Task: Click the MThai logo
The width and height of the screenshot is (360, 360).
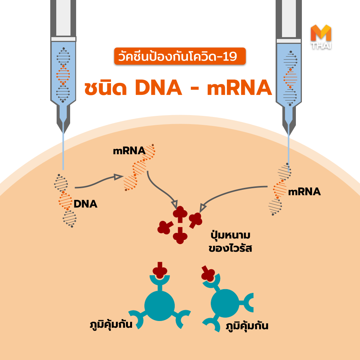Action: [321, 37]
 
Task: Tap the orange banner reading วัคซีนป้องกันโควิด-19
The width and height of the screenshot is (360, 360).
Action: [180, 56]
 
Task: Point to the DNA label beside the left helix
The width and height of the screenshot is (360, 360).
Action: [85, 204]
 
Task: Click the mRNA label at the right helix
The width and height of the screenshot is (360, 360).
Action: [304, 192]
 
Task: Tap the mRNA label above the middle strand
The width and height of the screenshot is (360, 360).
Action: [129, 151]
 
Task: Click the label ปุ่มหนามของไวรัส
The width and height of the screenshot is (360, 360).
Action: [230, 242]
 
